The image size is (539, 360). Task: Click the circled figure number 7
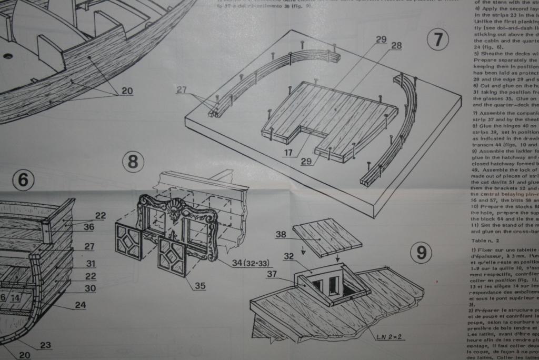438,40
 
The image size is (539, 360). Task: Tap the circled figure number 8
133,162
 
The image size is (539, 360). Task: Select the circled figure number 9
421,253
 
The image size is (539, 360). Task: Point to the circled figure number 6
23,181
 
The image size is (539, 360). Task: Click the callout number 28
396,46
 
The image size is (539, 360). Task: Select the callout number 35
199,286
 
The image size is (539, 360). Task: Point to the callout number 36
88,227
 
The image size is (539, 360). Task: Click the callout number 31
91,264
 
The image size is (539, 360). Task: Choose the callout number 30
90,288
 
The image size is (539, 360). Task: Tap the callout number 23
45,345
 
